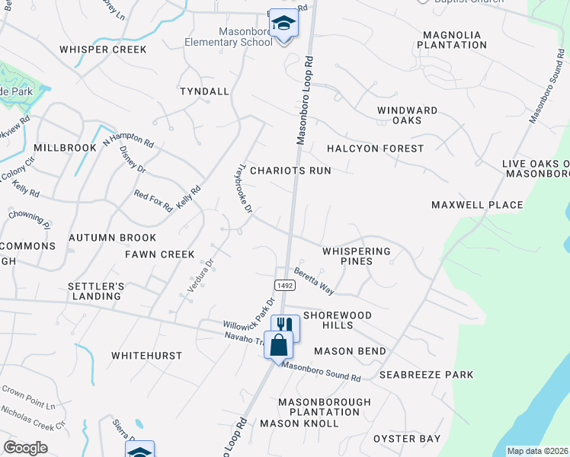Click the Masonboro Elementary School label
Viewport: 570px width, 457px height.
pos(229,37)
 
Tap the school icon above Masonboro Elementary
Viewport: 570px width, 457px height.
pos(283,24)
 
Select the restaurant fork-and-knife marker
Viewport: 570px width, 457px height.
pos(285,328)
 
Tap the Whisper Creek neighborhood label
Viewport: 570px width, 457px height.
pos(103,50)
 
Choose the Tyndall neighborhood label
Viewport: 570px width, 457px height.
pos(204,91)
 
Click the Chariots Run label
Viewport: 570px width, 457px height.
pos(291,171)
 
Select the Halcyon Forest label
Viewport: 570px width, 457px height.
pos(375,148)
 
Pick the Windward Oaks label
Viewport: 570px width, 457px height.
pos(408,115)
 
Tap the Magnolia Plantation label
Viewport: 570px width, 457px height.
pos(454,40)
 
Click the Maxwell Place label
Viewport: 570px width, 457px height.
pos(477,205)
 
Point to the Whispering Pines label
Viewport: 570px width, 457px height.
pos(356,256)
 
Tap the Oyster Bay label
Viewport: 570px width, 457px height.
pos(407,439)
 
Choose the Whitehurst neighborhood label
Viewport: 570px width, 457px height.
pos(147,356)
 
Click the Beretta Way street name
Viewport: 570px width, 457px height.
pos(315,281)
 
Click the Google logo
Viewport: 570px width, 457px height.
pos(25,448)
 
